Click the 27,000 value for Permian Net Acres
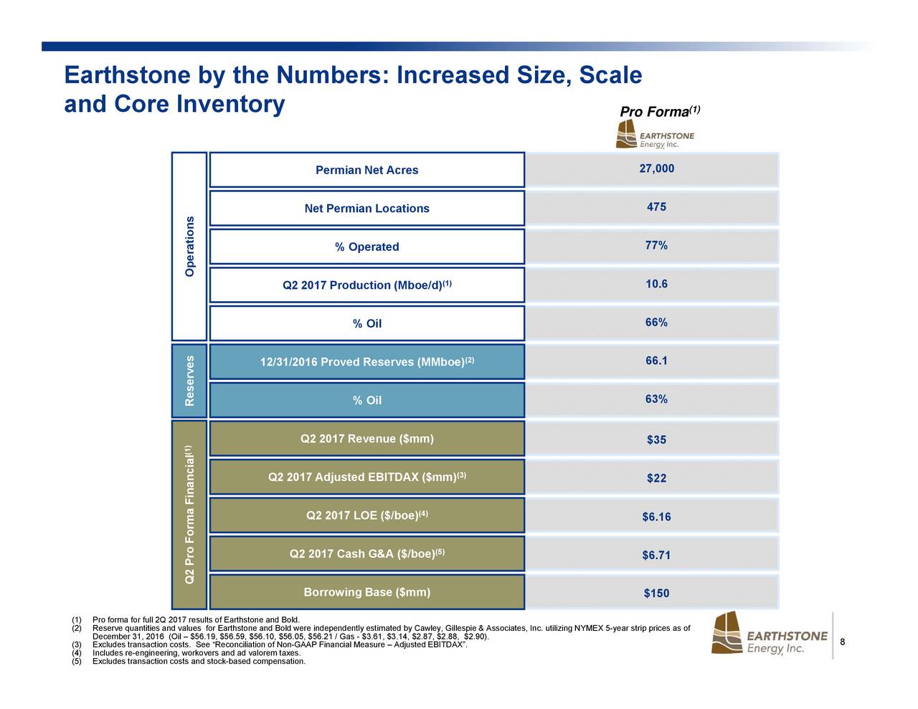(x=656, y=168)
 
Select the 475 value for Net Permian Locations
(x=656, y=207)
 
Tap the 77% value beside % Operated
(x=656, y=245)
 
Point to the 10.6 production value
(x=656, y=284)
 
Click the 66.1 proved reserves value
(x=656, y=361)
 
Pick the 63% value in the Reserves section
(x=656, y=399)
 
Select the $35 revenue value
(x=656, y=439)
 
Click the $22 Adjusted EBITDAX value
(x=656, y=478)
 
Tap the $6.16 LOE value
(x=656, y=516)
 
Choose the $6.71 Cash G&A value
(x=656, y=555)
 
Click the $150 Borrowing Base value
(x=656, y=594)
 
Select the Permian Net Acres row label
(x=366, y=170)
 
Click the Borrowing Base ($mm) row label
(x=366, y=592)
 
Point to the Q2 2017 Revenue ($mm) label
(x=366, y=439)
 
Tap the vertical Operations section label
(x=189, y=247)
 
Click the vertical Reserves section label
(x=189, y=381)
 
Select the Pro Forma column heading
(x=660, y=112)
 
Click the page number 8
(x=843, y=642)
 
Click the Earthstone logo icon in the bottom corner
(x=727, y=633)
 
